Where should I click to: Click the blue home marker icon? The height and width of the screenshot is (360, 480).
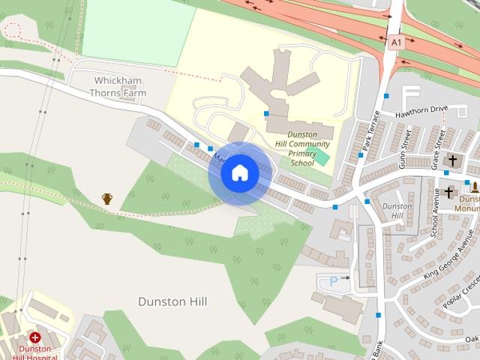point(239,172)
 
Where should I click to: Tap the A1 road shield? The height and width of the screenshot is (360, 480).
point(395,43)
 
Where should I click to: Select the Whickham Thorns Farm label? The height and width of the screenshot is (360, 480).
point(120,86)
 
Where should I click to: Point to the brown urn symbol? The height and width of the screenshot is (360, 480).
point(107,199)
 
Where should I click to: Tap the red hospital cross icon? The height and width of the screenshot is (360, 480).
point(35,337)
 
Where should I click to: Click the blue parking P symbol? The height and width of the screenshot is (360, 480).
point(334,281)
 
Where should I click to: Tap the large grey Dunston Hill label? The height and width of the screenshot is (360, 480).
point(172,301)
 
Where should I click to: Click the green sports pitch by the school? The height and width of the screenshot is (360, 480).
point(321,157)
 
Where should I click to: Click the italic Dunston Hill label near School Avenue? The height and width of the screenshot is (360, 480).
point(397,211)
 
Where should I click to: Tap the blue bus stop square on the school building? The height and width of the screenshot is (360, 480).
point(266,114)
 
